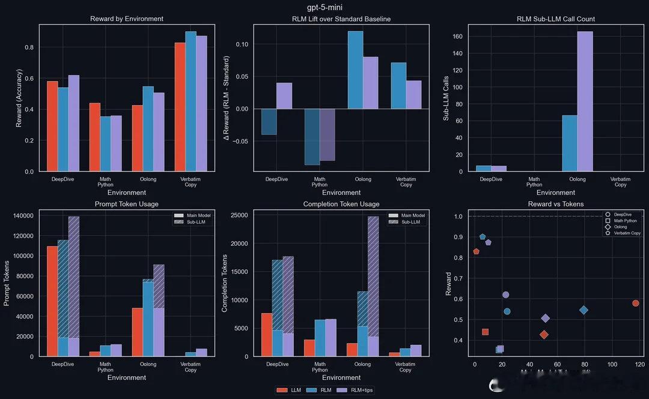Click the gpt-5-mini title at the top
point(324,7)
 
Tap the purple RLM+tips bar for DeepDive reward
point(73,123)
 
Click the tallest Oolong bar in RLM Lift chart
point(355,70)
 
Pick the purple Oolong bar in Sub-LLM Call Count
point(585,102)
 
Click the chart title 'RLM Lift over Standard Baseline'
point(341,19)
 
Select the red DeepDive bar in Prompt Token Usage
point(52,301)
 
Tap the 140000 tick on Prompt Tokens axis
point(20,215)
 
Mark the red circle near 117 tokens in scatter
point(635,303)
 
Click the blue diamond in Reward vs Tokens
point(583,310)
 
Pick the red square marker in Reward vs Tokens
point(485,332)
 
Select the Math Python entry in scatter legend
point(625,221)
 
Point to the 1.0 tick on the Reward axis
point(457,216)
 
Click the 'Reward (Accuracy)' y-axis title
point(19,98)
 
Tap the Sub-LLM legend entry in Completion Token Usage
point(412,222)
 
